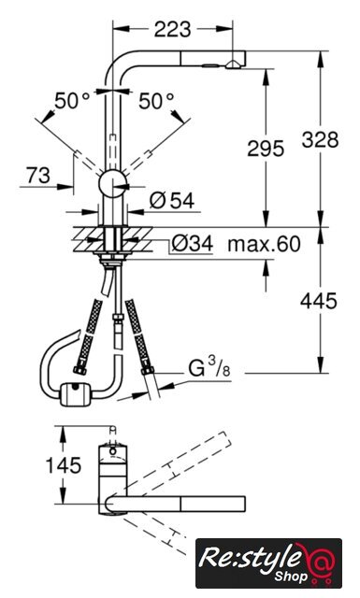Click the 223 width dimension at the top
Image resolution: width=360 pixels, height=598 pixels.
172,29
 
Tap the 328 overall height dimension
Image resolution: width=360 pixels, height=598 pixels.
321,139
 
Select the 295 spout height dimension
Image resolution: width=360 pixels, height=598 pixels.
266,148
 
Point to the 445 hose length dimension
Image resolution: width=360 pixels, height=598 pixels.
319,301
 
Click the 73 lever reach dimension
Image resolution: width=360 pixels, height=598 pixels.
38,175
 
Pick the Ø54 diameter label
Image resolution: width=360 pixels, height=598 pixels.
172,201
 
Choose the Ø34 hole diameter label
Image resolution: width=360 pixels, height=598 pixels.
192,243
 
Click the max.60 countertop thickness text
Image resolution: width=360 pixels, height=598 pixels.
265,244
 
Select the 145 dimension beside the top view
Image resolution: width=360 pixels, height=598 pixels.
64,465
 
